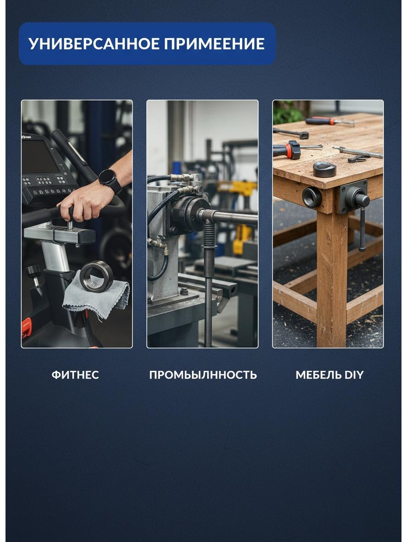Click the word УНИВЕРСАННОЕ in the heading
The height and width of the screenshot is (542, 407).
point(93,44)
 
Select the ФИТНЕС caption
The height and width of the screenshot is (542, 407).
point(76,375)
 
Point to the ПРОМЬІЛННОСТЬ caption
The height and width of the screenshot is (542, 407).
point(203,375)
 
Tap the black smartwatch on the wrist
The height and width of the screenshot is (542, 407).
point(110,181)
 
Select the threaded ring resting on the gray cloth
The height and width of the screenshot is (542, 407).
point(97,276)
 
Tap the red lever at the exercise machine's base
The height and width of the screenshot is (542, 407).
point(26,327)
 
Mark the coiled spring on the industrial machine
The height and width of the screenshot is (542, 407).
point(209,235)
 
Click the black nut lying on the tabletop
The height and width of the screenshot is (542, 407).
point(324,169)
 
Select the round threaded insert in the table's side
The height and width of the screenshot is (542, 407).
point(312,197)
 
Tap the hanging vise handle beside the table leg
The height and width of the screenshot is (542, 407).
point(363,228)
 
